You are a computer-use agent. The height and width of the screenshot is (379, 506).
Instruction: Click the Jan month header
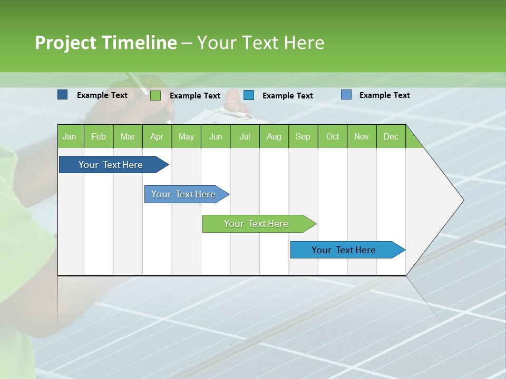[x=70, y=136]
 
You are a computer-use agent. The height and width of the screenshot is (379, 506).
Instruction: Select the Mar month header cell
[x=128, y=136]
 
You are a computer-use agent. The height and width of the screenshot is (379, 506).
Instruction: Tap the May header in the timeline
[x=186, y=136]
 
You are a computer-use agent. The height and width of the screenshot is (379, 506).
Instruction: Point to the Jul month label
[x=245, y=136]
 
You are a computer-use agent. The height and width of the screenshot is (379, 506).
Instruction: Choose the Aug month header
[x=274, y=136]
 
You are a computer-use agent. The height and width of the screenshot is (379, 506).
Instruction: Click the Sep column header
[x=303, y=136]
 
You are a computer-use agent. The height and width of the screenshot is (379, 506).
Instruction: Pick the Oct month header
[x=333, y=136]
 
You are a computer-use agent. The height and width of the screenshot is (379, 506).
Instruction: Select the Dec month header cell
[x=391, y=136]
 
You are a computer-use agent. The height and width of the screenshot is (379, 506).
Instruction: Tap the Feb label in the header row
[x=99, y=136]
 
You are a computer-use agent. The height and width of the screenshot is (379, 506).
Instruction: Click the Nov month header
[x=361, y=136]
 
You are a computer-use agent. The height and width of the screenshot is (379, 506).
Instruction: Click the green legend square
[x=155, y=95]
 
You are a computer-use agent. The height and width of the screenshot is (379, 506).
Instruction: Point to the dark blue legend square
[x=62, y=95]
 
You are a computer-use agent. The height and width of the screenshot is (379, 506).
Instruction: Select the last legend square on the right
[x=346, y=95]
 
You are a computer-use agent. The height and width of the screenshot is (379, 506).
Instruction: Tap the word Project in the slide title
[x=65, y=43]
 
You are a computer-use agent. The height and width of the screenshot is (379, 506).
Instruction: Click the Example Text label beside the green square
[x=195, y=96]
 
